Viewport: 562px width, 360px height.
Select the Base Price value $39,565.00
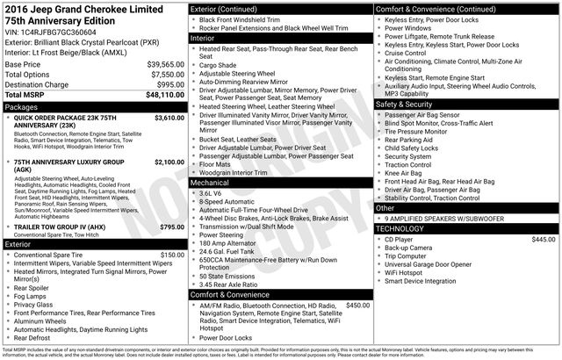click(165, 65)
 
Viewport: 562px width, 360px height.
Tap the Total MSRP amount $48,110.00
click(165, 95)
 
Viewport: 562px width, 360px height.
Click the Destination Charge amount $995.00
click(169, 85)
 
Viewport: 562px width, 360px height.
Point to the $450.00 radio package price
click(357, 305)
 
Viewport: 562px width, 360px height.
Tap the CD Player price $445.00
click(544, 214)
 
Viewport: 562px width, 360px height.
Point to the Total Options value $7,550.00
click(167, 75)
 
